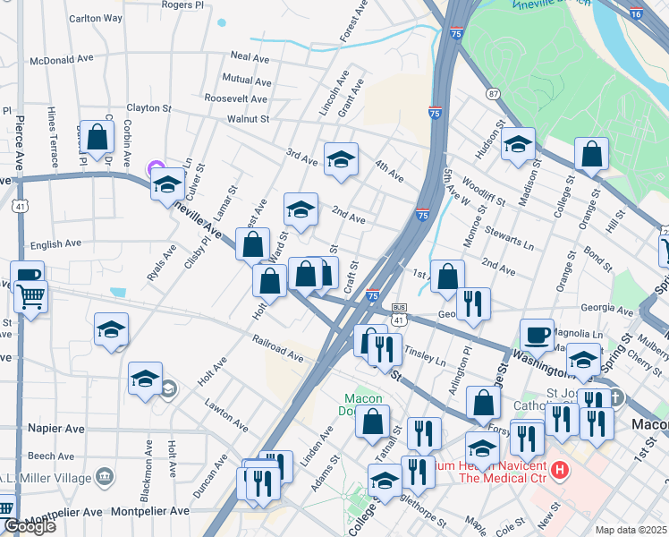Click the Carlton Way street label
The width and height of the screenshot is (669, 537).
[x=96, y=18]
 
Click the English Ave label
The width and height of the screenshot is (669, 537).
[x=55, y=243]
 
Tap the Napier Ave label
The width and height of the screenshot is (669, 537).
[x=56, y=429]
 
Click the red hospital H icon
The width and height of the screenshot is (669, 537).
[x=561, y=469]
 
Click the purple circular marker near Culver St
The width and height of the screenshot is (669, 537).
[x=155, y=167]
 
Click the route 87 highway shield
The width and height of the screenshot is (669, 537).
[x=493, y=94]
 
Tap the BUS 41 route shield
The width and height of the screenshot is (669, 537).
[x=399, y=313]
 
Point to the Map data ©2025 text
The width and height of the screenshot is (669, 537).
[x=631, y=530]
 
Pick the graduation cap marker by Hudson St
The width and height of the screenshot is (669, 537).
[x=518, y=144]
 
